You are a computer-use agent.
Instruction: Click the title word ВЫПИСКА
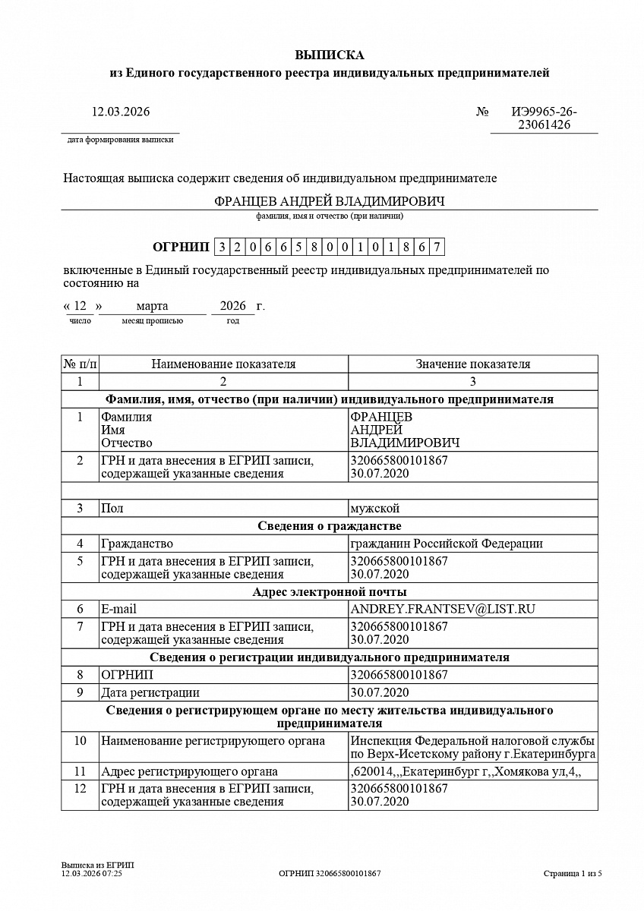coord(329,55)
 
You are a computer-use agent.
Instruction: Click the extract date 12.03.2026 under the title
coord(121,112)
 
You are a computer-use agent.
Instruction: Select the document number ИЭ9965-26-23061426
coord(544,118)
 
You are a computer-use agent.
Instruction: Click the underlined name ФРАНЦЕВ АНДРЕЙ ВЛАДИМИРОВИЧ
coord(329,201)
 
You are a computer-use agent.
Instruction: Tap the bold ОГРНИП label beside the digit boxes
coord(180,247)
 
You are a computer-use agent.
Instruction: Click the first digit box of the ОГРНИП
coord(222,247)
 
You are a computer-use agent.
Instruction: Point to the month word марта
coord(152,306)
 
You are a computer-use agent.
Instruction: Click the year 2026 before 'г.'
coord(232,306)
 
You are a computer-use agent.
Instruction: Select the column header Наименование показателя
coord(223,364)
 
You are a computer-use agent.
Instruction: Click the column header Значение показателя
coord(472,364)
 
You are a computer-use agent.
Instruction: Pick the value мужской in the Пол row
coord(374,508)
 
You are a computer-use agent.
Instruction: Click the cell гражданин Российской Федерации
coord(446,544)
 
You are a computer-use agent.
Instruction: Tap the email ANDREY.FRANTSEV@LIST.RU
coord(443,609)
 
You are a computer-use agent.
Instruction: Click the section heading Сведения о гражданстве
coord(329,526)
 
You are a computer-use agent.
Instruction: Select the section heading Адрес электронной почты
coord(329,591)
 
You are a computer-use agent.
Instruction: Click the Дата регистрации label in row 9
coord(150,692)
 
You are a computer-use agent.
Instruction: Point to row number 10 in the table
coord(80,741)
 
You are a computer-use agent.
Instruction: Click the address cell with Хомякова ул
coord(465,772)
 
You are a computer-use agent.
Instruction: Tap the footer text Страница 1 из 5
coord(573,874)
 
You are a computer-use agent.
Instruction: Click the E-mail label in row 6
coord(118,609)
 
